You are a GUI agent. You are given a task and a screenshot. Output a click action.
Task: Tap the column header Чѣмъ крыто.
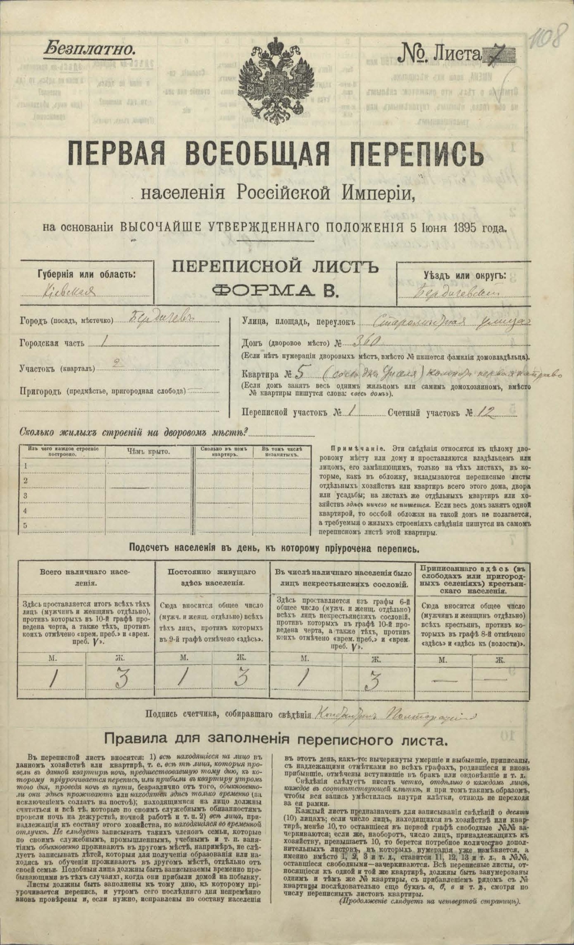[148, 452]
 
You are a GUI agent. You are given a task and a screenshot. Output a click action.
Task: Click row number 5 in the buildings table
[26, 525]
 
